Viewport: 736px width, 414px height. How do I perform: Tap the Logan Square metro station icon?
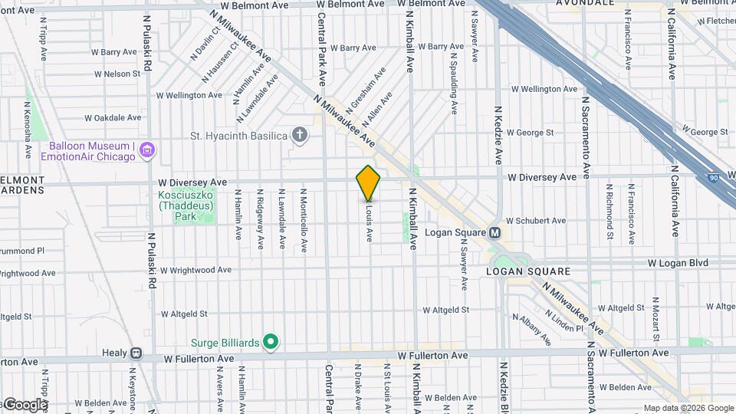tap(495, 232)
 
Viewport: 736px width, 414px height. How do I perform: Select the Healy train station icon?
tap(136, 353)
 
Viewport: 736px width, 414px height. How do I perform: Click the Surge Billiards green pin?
tap(270, 342)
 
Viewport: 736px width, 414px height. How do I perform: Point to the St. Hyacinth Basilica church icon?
tap(300, 136)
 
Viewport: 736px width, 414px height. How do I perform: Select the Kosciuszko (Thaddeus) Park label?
tap(176, 205)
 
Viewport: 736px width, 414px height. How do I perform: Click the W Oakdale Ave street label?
tap(113, 118)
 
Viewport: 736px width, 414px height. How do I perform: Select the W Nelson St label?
tap(117, 74)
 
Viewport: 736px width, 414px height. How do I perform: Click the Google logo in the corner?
tap(25, 405)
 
